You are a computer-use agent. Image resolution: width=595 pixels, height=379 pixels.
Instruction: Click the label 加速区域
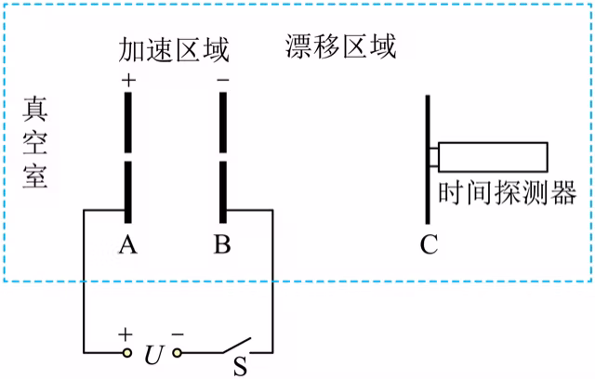(174, 49)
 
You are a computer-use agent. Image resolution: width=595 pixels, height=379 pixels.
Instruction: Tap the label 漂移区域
(341, 46)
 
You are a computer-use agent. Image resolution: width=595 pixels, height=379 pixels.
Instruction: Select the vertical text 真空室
(35, 142)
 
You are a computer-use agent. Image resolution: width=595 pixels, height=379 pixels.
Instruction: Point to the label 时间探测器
(508, 192)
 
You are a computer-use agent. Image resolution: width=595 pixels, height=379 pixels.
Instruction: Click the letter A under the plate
(128, 244)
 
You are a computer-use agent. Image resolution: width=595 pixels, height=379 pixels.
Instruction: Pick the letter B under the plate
(222, 244)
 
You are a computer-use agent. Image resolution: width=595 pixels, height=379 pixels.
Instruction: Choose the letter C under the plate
(430, 244)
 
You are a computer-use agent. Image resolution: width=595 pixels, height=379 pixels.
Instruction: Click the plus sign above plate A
(128, 80)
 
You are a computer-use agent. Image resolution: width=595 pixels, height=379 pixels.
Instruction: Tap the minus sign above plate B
(223, 80)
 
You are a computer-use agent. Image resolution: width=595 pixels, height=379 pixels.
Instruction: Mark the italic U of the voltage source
(154, 355)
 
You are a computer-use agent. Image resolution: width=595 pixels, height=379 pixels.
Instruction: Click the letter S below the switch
(240, 366)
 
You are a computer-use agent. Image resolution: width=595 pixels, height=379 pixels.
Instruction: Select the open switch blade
(236, 345)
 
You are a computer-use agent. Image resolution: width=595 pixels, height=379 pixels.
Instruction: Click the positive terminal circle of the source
(127, 353)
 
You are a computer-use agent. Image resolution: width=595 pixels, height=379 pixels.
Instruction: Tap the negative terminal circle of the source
(177, 353)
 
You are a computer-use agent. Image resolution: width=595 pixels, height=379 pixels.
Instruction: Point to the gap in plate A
(128, 157)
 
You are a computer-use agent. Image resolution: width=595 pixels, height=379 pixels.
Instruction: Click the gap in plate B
(223, 157)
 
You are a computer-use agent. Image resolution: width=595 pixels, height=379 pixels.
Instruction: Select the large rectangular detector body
(493, 157)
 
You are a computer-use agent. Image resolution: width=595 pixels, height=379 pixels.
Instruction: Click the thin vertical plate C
(428, 160)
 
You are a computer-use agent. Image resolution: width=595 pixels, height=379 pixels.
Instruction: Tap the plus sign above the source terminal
(126, 334)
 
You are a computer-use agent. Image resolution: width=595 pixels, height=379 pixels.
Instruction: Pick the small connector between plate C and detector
(434, 157)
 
